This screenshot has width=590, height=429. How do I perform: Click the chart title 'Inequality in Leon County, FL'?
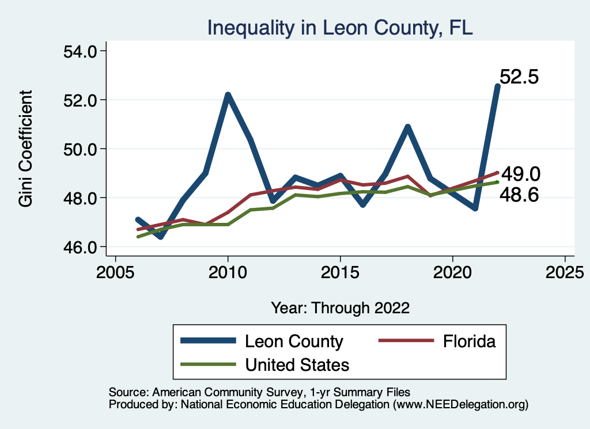pos(340,27)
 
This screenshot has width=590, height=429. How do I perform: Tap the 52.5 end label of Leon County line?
pos(519,77)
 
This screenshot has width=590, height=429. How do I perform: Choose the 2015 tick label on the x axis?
pos(340,271)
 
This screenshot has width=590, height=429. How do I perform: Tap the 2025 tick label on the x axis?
pos(565,271)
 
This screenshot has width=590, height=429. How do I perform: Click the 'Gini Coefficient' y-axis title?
pos(25,149)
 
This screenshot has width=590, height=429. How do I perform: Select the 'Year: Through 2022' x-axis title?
pos(340,308)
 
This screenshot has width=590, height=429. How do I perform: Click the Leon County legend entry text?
pos(294,341)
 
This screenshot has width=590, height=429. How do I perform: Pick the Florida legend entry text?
pos(469,341)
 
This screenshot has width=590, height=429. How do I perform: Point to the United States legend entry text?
pos(297,365)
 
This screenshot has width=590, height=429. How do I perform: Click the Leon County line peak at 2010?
pos(228,95)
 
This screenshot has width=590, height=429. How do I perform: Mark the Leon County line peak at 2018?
pos(407,127)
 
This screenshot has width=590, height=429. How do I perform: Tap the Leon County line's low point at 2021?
pos(475,208)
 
